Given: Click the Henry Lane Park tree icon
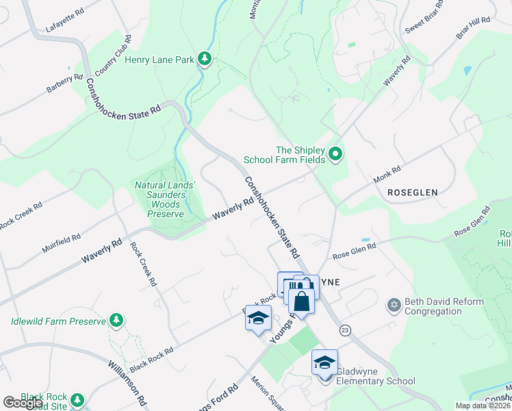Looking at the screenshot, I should tap(204, 60).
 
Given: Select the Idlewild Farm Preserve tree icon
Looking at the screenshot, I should tap(117, 320).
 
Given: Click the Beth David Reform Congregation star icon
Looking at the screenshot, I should tap(394, 305).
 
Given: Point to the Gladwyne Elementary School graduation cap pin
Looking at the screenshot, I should tap(324, 362).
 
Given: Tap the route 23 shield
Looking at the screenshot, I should tap(344, 330).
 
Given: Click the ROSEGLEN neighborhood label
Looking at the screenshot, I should tap(412, 193).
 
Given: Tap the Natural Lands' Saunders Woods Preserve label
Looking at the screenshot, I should tap(164, 199).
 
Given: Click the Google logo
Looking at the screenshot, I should tap(23, 403).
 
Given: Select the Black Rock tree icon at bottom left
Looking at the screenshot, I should tap(77, 399).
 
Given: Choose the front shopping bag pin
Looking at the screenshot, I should tap(301, 301).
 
